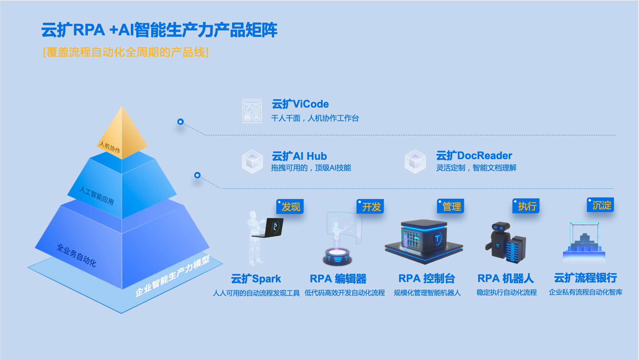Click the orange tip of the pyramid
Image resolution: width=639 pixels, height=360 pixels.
click(122, 134)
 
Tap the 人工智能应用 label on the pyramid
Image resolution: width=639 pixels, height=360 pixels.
click(96, 195)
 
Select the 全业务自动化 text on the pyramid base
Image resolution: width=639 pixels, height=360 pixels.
click(76, 255)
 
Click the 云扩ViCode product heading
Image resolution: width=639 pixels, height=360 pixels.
click(300, 104)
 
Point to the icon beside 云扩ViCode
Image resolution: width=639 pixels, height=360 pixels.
click(252, 111)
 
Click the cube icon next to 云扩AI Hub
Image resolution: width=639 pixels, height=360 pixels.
click(252, 161)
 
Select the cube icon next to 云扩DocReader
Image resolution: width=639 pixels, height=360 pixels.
click(415, 161)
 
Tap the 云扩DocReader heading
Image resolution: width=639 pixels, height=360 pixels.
click(474, 156)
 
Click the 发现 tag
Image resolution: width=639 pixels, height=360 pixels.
click(290, 207)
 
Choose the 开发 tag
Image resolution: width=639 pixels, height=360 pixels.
click(371, 207)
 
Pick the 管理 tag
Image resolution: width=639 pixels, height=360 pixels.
click(451, 207)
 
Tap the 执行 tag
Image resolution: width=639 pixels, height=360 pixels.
click(526, 206)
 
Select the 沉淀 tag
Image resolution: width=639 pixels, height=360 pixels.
click(601, 205)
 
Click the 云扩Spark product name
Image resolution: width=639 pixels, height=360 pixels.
click(256, 279)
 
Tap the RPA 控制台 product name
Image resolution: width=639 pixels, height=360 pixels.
click(426, 279)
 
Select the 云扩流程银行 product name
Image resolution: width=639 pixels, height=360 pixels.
click(585, 278)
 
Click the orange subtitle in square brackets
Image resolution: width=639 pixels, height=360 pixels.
click(126, 52)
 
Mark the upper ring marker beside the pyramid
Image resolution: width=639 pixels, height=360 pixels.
click(180, 122)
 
